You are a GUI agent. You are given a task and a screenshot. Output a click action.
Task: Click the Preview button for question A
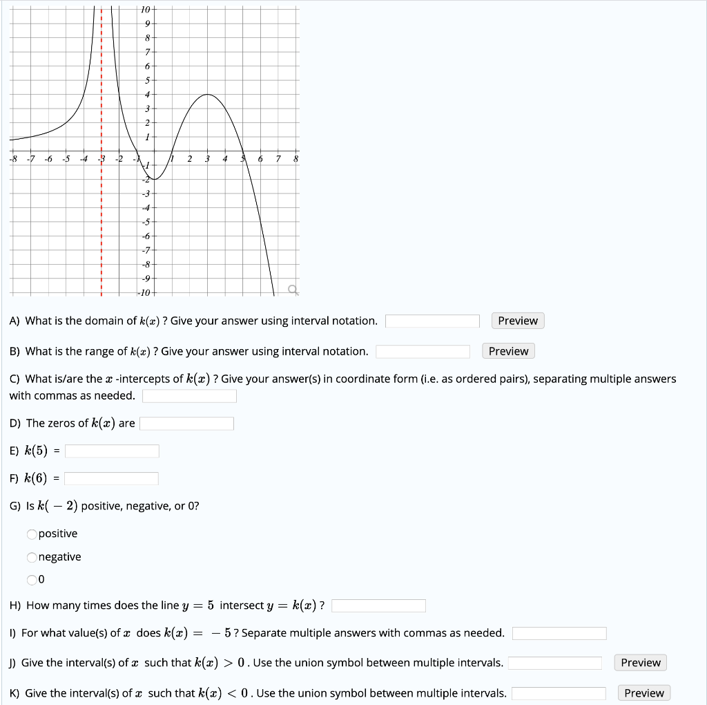[x=518, y=321]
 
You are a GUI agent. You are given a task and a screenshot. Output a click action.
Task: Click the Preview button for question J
[x=640, y=663]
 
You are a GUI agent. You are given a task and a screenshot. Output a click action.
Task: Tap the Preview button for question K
[x=643, y=693]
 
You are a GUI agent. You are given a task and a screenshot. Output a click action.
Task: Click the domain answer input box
[x=432, y=321]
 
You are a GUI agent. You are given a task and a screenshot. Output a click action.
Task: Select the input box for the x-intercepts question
[x=190, y=396]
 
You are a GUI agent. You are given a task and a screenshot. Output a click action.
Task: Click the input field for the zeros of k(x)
[x=187, y=424]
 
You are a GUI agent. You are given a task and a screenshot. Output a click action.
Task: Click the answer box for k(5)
[x=112, y=451]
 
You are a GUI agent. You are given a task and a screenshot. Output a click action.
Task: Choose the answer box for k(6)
[x=112, y=479]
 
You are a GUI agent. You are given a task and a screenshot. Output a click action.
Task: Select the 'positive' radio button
[x=32, y=534]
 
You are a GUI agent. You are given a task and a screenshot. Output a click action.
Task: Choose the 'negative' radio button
[x=32, y=558]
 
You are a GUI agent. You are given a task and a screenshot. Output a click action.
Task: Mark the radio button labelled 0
[x=32, y=579]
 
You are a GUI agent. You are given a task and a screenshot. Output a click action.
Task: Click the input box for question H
[x=378, y=606]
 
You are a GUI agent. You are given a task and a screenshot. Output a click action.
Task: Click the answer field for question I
[x=559, y=634]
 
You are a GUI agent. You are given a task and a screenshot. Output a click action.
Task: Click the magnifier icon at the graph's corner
[x=293, y=290]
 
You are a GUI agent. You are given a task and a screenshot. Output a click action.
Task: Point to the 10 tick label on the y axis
[x=145, y=9]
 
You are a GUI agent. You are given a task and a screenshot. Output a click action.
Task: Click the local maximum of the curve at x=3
[x=207, y=95]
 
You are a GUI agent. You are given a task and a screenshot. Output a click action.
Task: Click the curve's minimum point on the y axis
[x=154, y=180]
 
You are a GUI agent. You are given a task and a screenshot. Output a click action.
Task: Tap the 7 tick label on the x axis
[x=278, y=160]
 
